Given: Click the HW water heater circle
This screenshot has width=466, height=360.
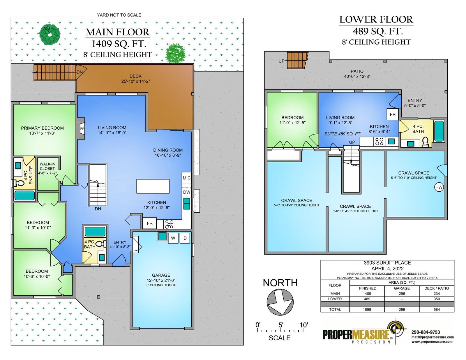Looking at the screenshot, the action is point(439,187).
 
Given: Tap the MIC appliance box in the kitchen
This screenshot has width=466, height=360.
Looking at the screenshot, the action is point(186,178).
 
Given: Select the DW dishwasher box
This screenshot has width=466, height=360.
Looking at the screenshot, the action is point(187,192).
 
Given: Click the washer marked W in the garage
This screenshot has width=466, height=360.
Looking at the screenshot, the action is point(173,238).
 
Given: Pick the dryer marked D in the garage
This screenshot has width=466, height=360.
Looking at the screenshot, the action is point(185,238).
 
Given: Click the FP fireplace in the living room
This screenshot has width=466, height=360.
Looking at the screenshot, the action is point(82,129).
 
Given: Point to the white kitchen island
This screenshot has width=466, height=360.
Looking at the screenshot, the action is point(153,186).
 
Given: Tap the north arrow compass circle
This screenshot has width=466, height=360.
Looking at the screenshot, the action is point(280,302).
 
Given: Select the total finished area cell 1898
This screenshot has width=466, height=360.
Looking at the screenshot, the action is point(367,309).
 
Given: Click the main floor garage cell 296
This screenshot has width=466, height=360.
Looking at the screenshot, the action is point(402,294).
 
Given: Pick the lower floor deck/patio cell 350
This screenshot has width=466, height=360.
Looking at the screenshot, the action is point(437,299).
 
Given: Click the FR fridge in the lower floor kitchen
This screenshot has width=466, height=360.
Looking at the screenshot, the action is point(393,114).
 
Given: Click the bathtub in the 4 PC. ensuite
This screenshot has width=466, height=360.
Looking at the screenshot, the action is point(25,195).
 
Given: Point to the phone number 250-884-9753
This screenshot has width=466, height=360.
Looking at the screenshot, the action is point(426,332).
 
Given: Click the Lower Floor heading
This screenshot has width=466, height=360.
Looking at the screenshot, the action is point(376,20).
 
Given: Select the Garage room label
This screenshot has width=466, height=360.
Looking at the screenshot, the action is point(161,275).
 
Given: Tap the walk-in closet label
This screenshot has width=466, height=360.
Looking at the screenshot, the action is point(47,166).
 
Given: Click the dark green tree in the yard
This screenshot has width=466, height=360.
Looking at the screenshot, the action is point(50,35).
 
